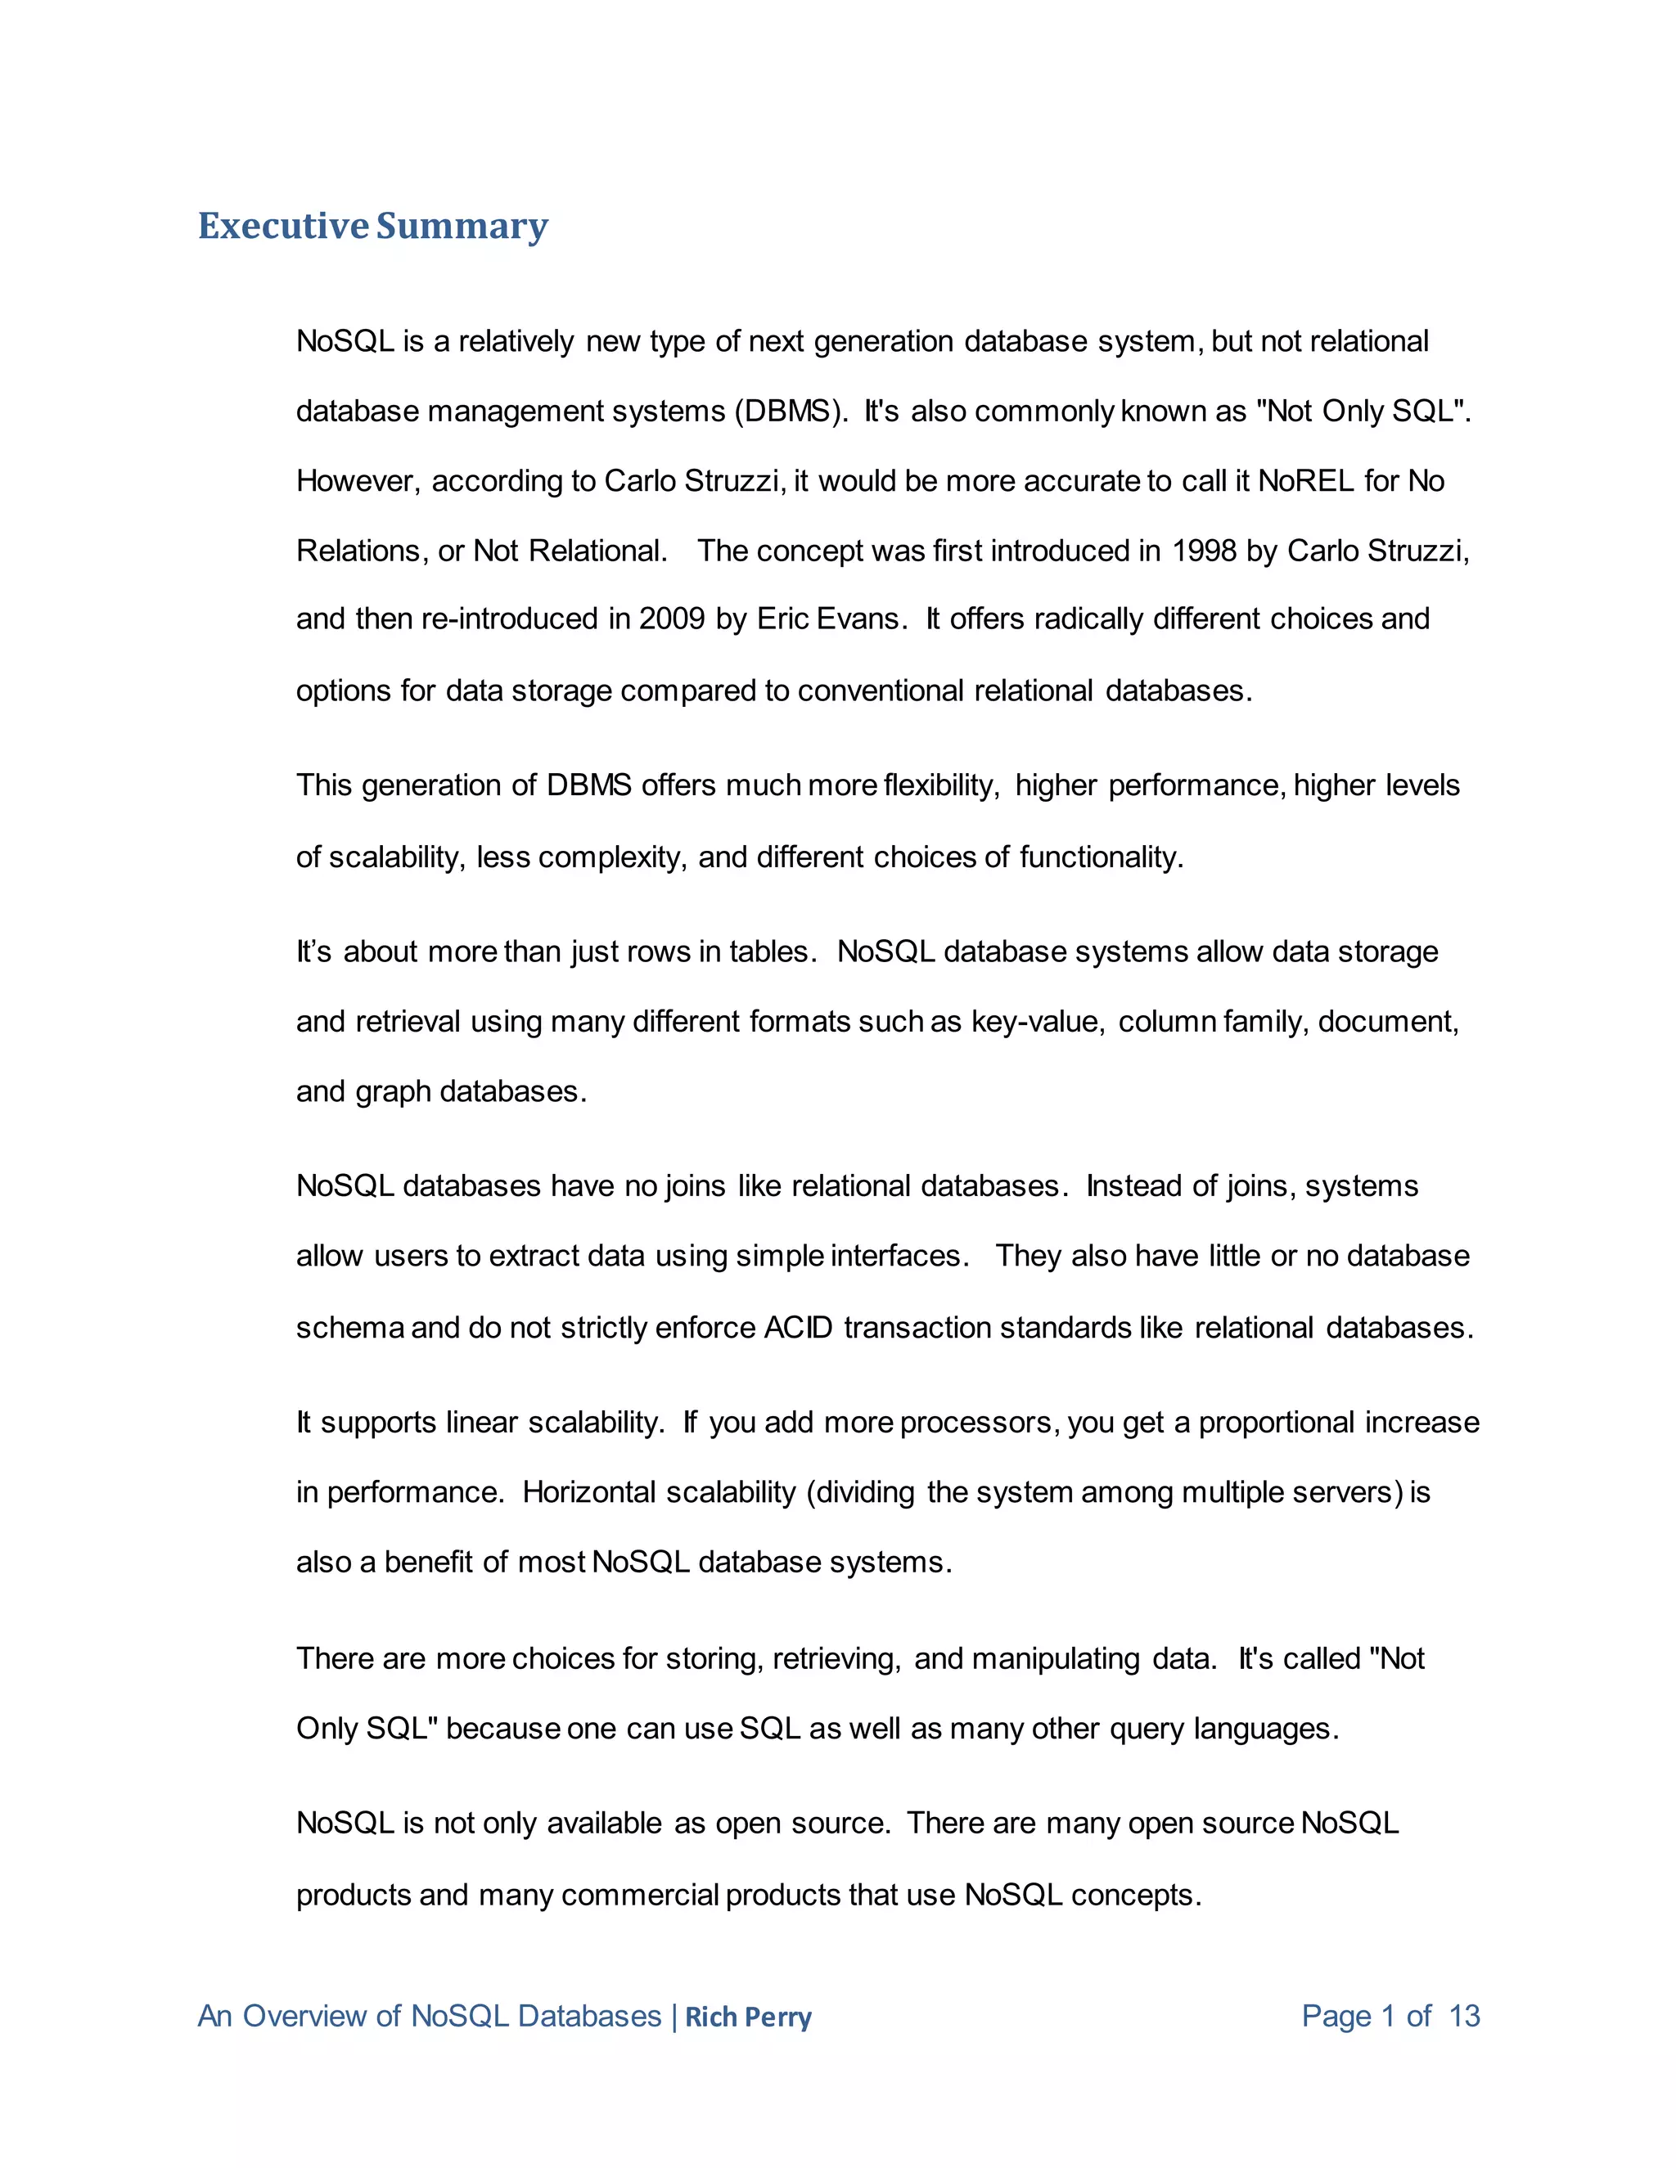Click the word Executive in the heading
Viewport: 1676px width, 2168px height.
(x=283, y=227)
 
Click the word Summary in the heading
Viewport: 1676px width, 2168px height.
(x=462, y=227)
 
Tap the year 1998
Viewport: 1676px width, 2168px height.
(x=1203, y=551)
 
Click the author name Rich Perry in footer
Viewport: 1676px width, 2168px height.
(x=748, y=2017)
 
